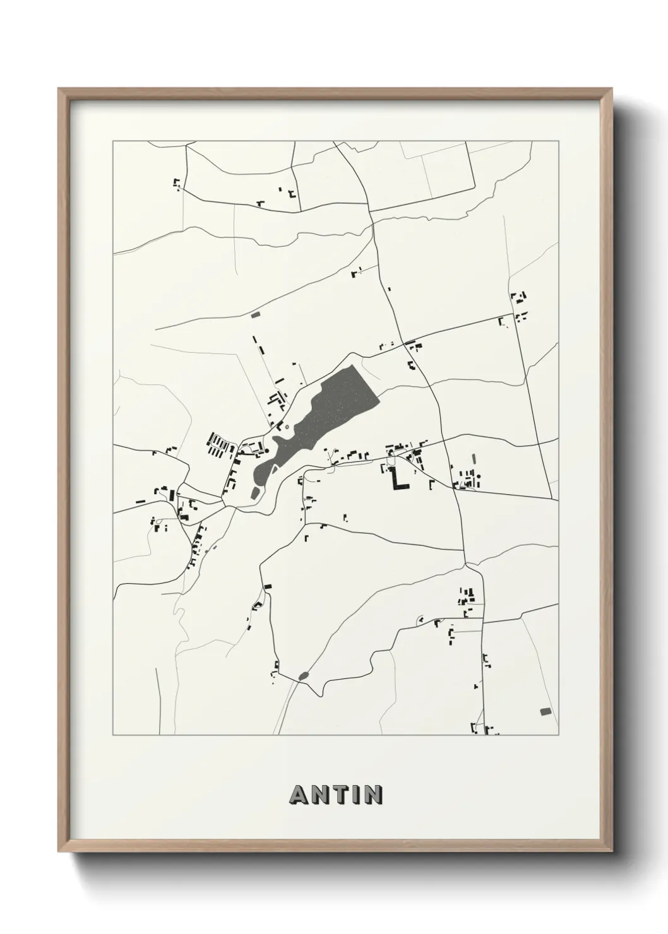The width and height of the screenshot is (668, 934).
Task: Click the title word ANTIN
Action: (336, 795)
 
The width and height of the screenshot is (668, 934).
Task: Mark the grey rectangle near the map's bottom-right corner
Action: (546, 711)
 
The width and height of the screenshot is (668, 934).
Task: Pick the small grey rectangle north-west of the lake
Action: (255, 314)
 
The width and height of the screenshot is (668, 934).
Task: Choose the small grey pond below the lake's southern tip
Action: (254, 492)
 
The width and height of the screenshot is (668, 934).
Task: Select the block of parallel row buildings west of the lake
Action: (218, 445)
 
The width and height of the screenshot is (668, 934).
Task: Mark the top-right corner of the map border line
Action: (558, 141)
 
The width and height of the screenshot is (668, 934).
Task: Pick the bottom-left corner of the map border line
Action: (113, 735)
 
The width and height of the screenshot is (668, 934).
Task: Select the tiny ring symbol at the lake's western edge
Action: (287, 427)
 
